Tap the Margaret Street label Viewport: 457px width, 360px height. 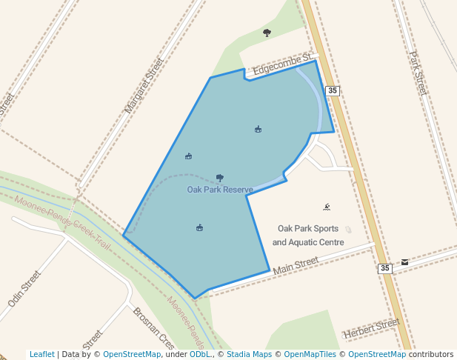pyautogui.click(x=144, y=85)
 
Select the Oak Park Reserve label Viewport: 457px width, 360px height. pyautogui.click(x=220, y=190)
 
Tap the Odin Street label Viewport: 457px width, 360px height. pyautogui.click(x=24, y=289)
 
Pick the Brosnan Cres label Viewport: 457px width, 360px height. pyautogui.click(x=153, y=328)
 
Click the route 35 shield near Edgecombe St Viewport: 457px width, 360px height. pyautogui.click(x=333, y=90)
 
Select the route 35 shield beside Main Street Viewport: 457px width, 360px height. pyautogui.click(x=384, y=268)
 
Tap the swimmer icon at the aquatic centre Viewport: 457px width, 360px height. pyautogui.click(x=327, y=207)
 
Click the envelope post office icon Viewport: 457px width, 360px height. pyautogui.click(x=404, y=262)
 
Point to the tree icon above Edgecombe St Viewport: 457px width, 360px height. pyautogui.click(x=267, y=33)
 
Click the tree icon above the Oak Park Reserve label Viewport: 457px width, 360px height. pyautogui.click(x=220, y=177)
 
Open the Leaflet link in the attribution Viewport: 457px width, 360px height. pyautogui.click(x=41, y=354)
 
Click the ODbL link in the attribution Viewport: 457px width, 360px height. pyautogui.click(x=199, y=354)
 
